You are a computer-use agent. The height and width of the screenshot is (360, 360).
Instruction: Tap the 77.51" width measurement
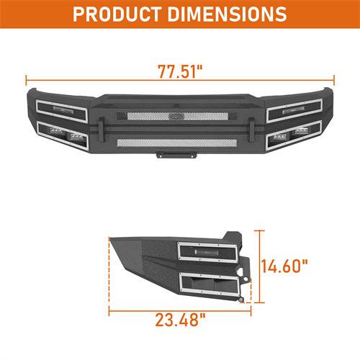(x=180, y=71)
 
